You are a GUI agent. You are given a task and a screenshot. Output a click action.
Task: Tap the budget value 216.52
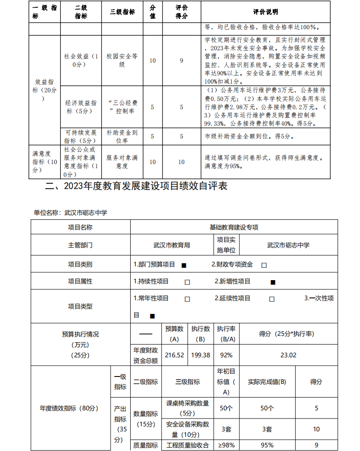pyautogui.click(x=174, y=355)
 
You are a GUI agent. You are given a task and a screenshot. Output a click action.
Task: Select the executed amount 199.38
pyautogui.click(x=200, y=355)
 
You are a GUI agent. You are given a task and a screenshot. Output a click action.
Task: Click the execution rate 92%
pyautogui.click(x=226, y=355)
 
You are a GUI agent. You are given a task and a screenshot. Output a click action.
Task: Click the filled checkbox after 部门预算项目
pyautogui.click(x=184, y=265)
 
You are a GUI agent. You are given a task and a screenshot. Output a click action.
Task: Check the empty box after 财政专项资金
pyautogui.click(x=264, y=265)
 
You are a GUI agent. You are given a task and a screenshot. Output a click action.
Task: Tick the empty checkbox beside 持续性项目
pyautogui.click(x=187, y=282)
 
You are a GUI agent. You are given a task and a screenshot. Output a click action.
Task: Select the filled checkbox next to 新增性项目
pyautogui.click(x=273, y=282)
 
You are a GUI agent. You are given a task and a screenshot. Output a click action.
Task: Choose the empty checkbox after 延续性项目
pyautogui.click(x=272, y=299)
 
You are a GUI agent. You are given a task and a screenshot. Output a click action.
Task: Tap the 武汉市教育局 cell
pyautogui.click(x=172, y=245)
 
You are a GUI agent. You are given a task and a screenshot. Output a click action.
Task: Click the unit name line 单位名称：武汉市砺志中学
pyautogui.click(x=70, y=212)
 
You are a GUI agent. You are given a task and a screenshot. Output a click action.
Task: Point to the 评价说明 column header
pyautogui.click(x=265, y=12)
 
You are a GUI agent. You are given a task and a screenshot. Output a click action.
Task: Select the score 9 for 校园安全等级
pyautogui.click(x=181, y=60)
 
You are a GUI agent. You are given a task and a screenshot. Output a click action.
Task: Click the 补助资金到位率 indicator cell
pyautogui.click(x=122, y=136)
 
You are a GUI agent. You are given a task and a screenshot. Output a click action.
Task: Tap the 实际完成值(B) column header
pyautogui.click(x=267, y=382)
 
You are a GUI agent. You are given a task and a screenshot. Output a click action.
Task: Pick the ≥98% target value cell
pyautogui.click(x=226, y=445)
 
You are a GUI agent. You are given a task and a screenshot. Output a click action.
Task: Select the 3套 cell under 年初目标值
pyautogui.click(x=226, y=429)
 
